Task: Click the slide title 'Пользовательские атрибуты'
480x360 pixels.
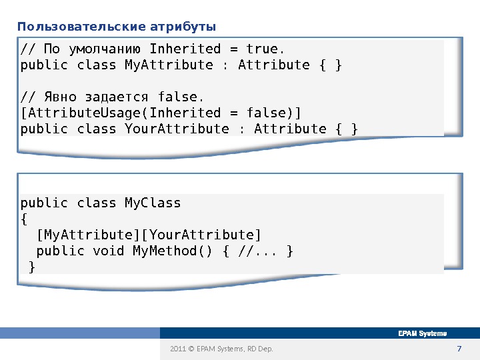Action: (x=117, y=27)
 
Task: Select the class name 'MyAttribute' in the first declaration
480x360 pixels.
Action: (x=169, y=65)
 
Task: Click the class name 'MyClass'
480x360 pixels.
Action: (x=153, y=203)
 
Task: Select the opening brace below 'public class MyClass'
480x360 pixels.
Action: (x=24, y=219)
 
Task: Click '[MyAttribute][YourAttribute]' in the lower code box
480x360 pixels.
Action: (x=149, y=235)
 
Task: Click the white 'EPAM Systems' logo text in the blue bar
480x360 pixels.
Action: (x=422, y=333)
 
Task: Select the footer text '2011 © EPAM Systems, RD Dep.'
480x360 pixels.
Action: (x=221, y=349)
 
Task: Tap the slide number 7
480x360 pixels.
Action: (x=458, y=349)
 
